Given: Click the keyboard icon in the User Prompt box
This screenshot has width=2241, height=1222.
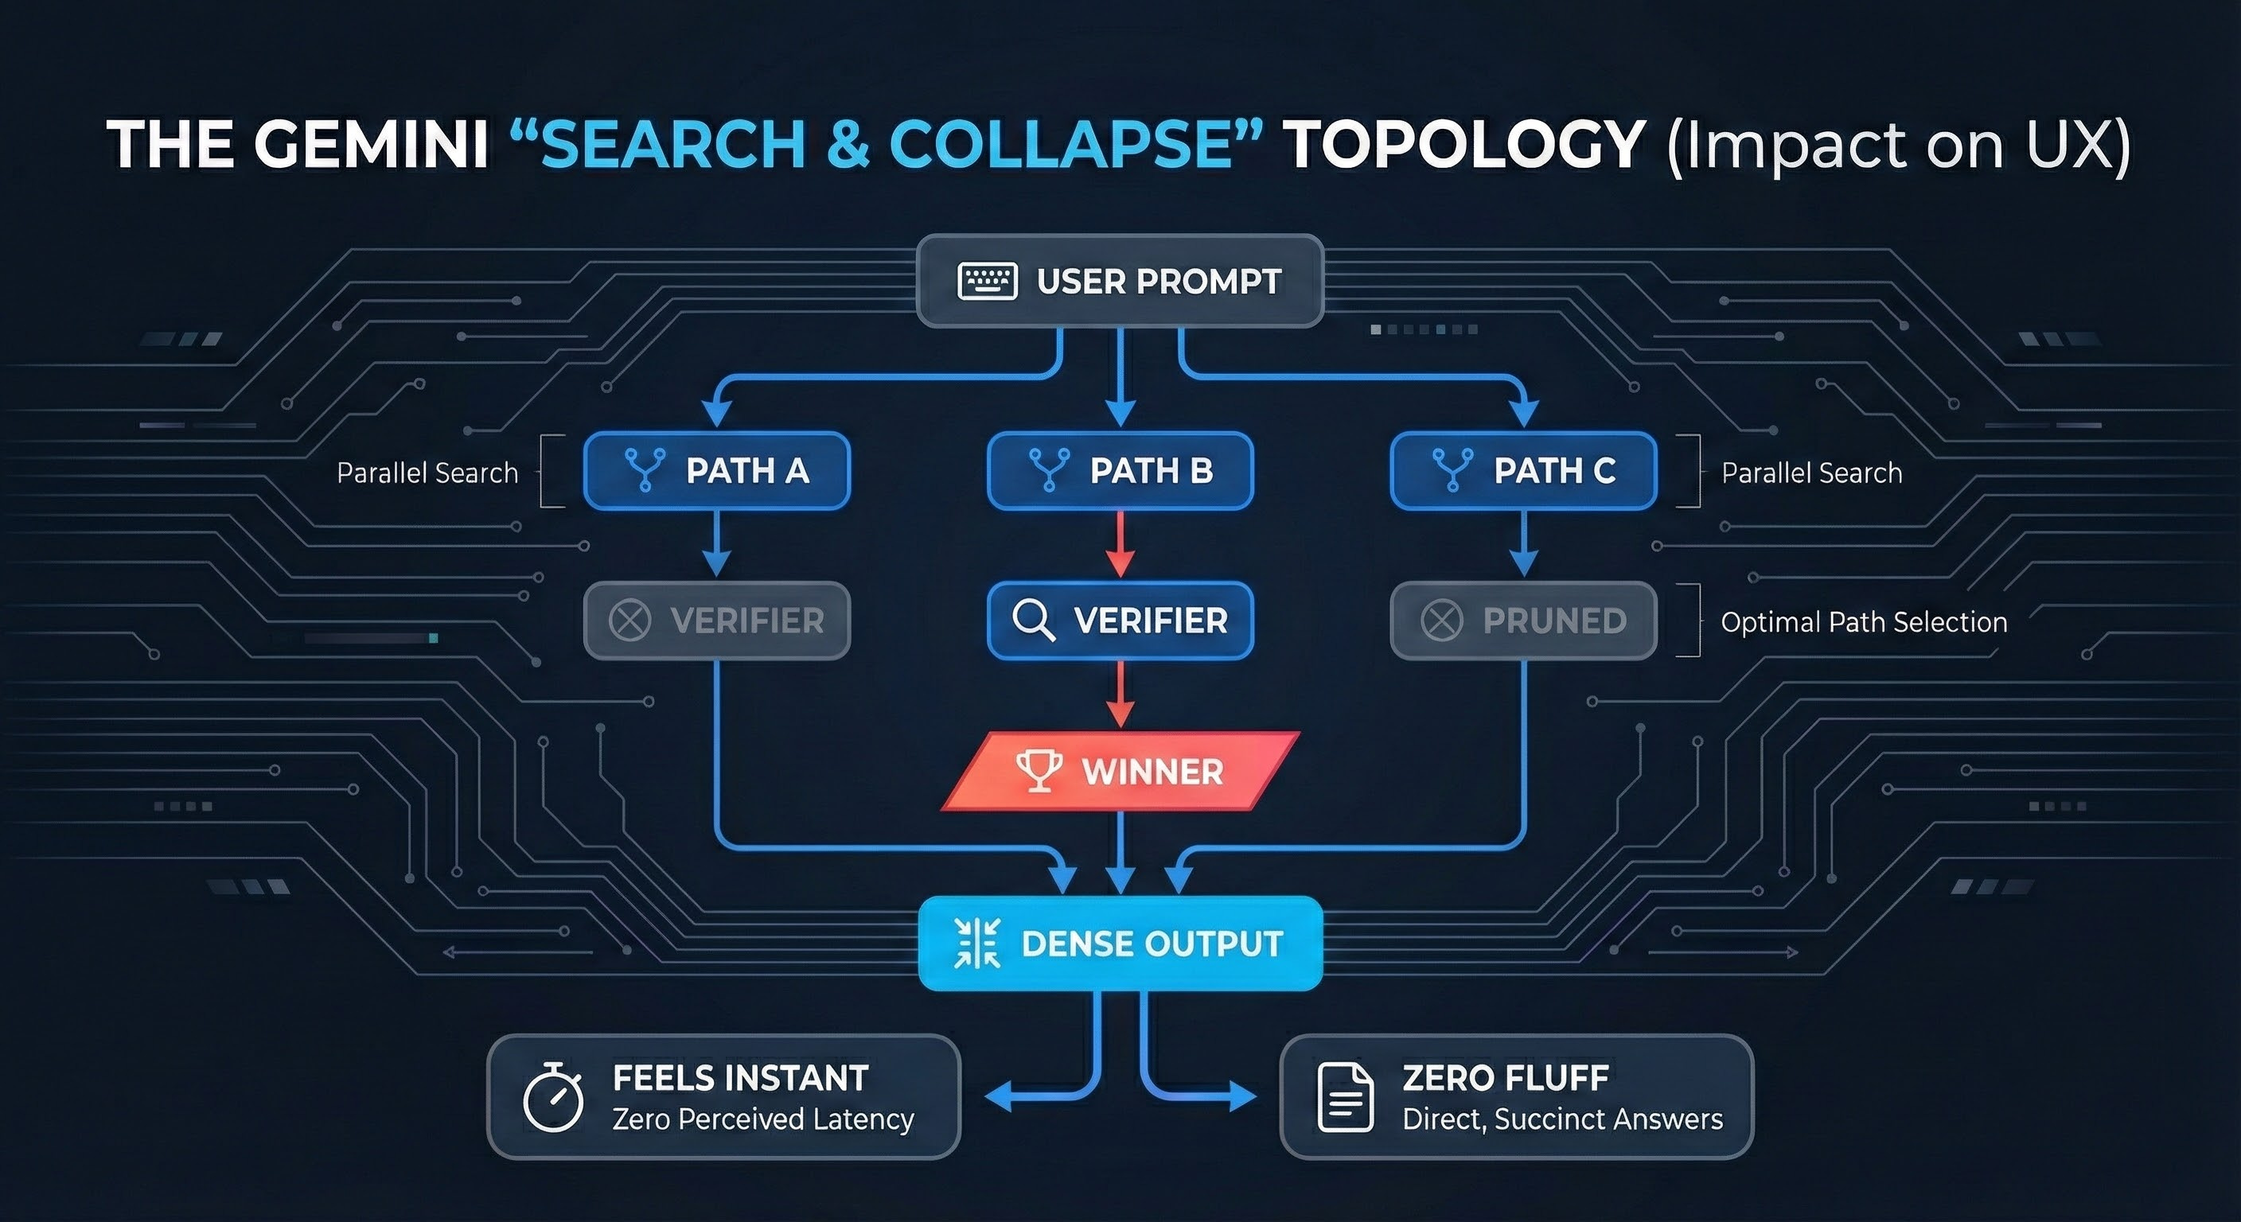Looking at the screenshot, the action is tap(988, 281).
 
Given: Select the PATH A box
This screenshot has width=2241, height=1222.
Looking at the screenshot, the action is tap(717, 470).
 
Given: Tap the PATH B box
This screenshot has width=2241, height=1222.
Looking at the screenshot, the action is tap(1120, 470).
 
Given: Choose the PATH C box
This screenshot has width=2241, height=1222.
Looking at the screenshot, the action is tap(1523, 470).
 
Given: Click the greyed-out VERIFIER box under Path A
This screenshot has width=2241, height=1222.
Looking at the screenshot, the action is tap(717, 620).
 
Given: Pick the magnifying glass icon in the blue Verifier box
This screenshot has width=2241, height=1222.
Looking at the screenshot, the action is tap(1034, 620).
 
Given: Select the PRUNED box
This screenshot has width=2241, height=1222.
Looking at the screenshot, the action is tap(1523, 620).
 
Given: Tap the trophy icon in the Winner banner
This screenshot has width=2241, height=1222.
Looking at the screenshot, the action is tap(1039, 771).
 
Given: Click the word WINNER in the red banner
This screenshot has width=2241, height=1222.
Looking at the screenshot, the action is tap(1152, 772).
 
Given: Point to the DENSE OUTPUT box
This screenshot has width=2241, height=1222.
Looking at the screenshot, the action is tap(1120, 944).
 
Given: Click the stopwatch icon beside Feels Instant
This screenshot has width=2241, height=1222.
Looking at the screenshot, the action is tap(552, 1098).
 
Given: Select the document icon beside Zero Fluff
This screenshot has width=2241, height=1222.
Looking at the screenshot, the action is tap(1345, 1098).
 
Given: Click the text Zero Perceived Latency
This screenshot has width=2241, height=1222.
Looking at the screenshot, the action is tap(763, 1119).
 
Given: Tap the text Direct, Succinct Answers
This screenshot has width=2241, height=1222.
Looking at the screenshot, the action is tap(1562, 1119).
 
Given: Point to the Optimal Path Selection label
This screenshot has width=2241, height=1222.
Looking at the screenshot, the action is tap(1864, 622).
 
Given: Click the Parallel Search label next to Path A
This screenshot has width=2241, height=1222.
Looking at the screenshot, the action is tap(427, 473).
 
